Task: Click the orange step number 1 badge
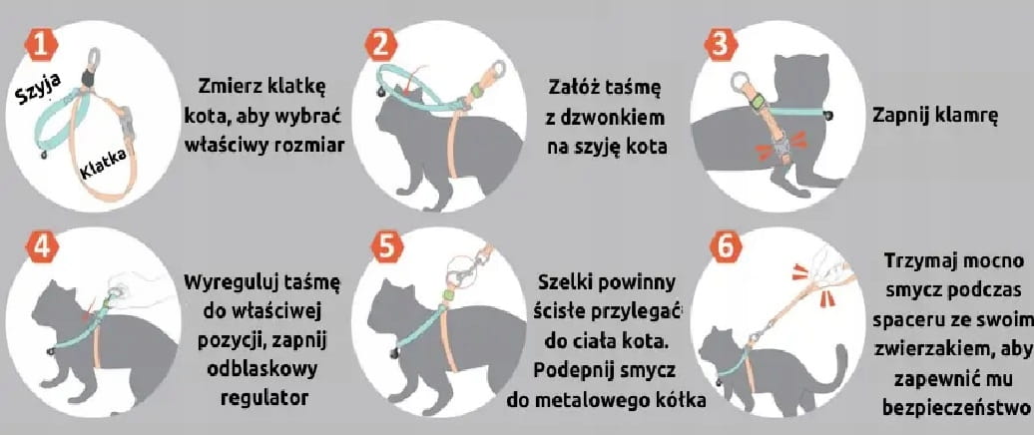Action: click(x=42, y=45)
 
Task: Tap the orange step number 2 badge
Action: click(x=381, y=45)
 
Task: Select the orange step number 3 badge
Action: click(x=721, y=45)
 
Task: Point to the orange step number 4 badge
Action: click(x=42, y=246)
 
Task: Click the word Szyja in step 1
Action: click(x=39, y=88)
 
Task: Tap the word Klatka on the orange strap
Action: click(x=103, y=166)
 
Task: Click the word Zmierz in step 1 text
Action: click(x=231, y=87)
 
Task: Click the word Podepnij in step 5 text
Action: click(x=573, y=370)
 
